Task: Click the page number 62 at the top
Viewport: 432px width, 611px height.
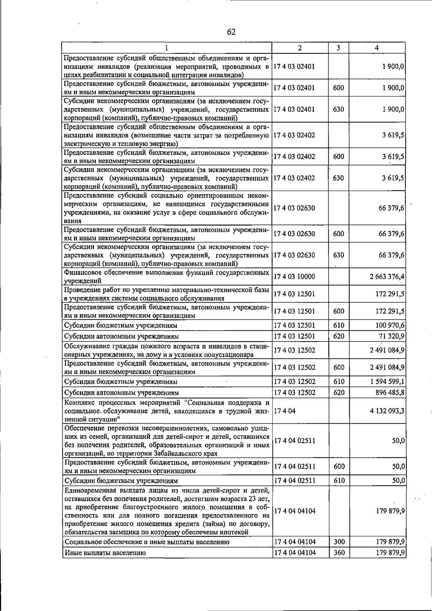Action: [x=231, y=32]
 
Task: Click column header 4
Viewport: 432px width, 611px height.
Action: [x=377, y=48]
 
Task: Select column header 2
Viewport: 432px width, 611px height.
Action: [x=300, y=48]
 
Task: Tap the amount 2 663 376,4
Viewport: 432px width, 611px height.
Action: [x=387, y=277]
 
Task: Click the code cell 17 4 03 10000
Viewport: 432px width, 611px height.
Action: [x=294, y=277]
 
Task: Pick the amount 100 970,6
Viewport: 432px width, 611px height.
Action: [x=390, y=325]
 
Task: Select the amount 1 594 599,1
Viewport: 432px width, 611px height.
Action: [x=387, y=382]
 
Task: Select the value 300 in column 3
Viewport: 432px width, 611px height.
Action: [x=339, y=542]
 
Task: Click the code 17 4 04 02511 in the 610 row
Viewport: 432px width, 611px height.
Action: [x=295, y=481]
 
